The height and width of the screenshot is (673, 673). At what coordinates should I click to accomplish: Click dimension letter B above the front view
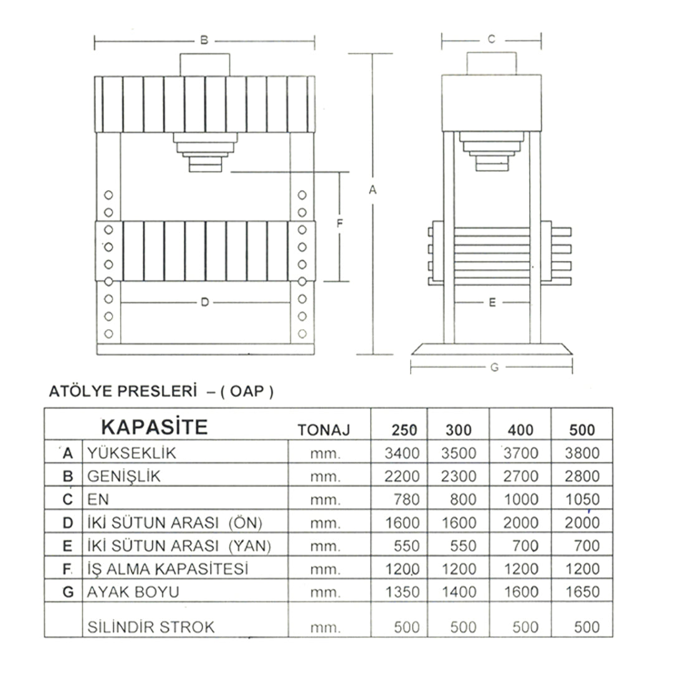click(x=204, y=41)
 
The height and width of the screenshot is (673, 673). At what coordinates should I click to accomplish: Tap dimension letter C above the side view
click(x=492, y=39)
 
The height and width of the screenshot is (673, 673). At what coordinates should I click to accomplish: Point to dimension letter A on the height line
click(x=373, y=189)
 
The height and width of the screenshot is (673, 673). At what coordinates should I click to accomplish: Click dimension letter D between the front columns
click(x=205, y=302)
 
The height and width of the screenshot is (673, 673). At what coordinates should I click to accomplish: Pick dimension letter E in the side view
click(x=492, y=302)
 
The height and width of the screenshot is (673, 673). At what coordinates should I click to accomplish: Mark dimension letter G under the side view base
click(x=494, y=368)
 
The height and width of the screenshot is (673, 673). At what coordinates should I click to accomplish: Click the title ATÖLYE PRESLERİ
click(x=123, y=391)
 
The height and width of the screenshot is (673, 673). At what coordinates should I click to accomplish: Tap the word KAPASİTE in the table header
click(x=155, y=427)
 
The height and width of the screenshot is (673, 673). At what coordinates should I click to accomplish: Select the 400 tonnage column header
click(x=520, y=429)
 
